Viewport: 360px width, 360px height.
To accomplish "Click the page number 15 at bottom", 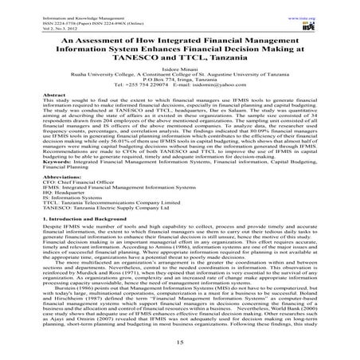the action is click(x=179, y=343).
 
